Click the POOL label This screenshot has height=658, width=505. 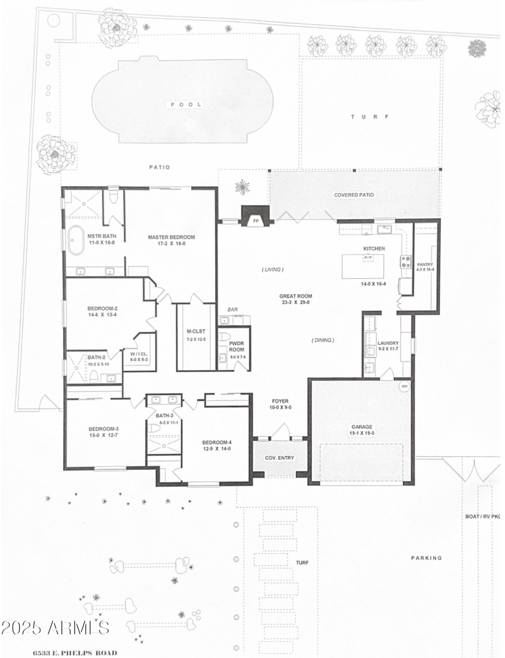[186, 104]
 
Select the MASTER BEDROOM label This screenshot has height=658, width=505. [172, 237]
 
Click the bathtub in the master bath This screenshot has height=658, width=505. [76, 240]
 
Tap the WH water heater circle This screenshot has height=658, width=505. [403, 387]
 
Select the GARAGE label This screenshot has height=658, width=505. [360, 426]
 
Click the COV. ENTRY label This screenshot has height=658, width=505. [279, 458]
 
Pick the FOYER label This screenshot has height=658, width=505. [280, 401]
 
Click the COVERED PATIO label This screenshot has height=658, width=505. [353, 195]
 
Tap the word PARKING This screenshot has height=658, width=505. [427, 558]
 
